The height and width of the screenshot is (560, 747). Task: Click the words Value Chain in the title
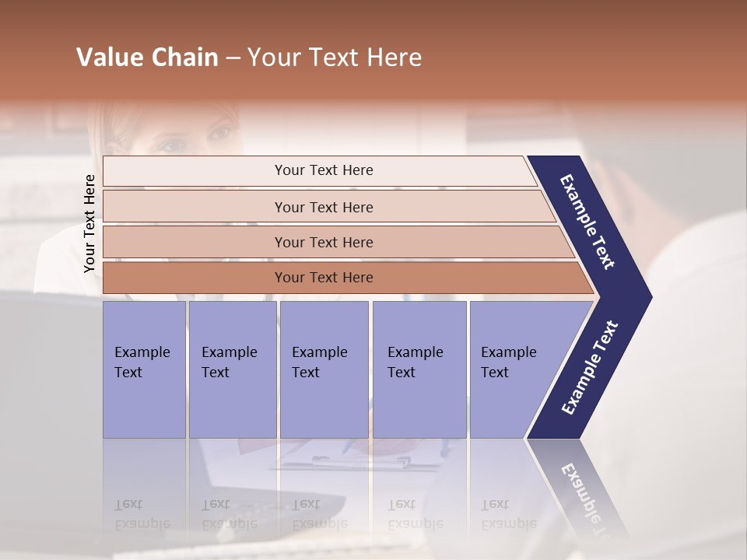pos(147,58)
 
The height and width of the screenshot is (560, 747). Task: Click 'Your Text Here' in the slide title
pos(335,58)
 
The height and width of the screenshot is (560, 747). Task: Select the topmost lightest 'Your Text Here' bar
pos(323,170)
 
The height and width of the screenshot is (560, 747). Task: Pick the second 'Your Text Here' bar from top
pos(323,207)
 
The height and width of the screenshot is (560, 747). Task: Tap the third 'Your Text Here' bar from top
pos(323,242)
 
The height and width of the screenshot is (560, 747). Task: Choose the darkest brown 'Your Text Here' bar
pos(323,278)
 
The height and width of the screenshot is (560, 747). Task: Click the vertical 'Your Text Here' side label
pos(89,223)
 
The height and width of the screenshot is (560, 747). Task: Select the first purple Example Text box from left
pos(144,369)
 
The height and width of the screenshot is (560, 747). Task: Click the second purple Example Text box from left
pos(232,369)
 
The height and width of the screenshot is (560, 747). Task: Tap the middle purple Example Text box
pos(323,369)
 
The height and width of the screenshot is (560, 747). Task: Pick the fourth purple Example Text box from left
pos(419,369)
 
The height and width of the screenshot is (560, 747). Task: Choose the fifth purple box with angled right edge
pos(514,369)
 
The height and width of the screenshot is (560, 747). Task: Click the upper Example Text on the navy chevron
pos(587,222)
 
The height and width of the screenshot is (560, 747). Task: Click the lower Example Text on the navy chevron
pos(589,368)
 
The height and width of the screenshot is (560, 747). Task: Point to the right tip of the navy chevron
pos(650,297)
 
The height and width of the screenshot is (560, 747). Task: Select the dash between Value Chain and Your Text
pos(233,58)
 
